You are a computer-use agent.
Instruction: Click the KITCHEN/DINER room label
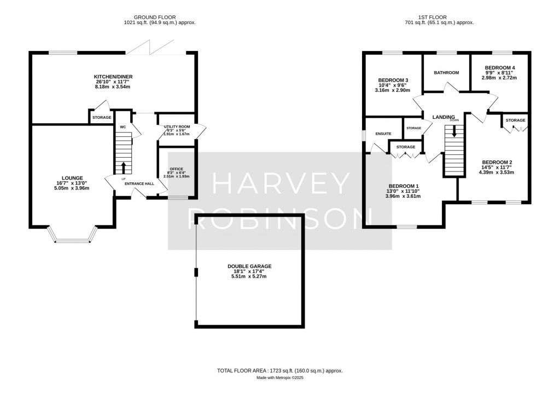113,77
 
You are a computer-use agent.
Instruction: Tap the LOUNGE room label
72,178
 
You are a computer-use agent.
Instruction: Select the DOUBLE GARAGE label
249,266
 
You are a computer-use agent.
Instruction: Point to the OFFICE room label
176,169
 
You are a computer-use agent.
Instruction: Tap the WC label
123,127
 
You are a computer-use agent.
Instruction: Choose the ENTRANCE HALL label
139,183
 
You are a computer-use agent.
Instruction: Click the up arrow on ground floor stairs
123,166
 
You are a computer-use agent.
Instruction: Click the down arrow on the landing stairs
453,132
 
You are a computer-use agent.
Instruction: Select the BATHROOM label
446,73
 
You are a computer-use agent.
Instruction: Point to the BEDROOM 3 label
393,80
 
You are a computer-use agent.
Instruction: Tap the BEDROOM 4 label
500,68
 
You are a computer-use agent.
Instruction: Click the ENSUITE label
383,134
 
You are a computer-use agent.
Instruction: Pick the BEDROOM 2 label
497,162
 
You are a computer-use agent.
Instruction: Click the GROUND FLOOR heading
159,18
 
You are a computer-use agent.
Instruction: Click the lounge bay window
72,239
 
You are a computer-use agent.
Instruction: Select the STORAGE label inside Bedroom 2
515,120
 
